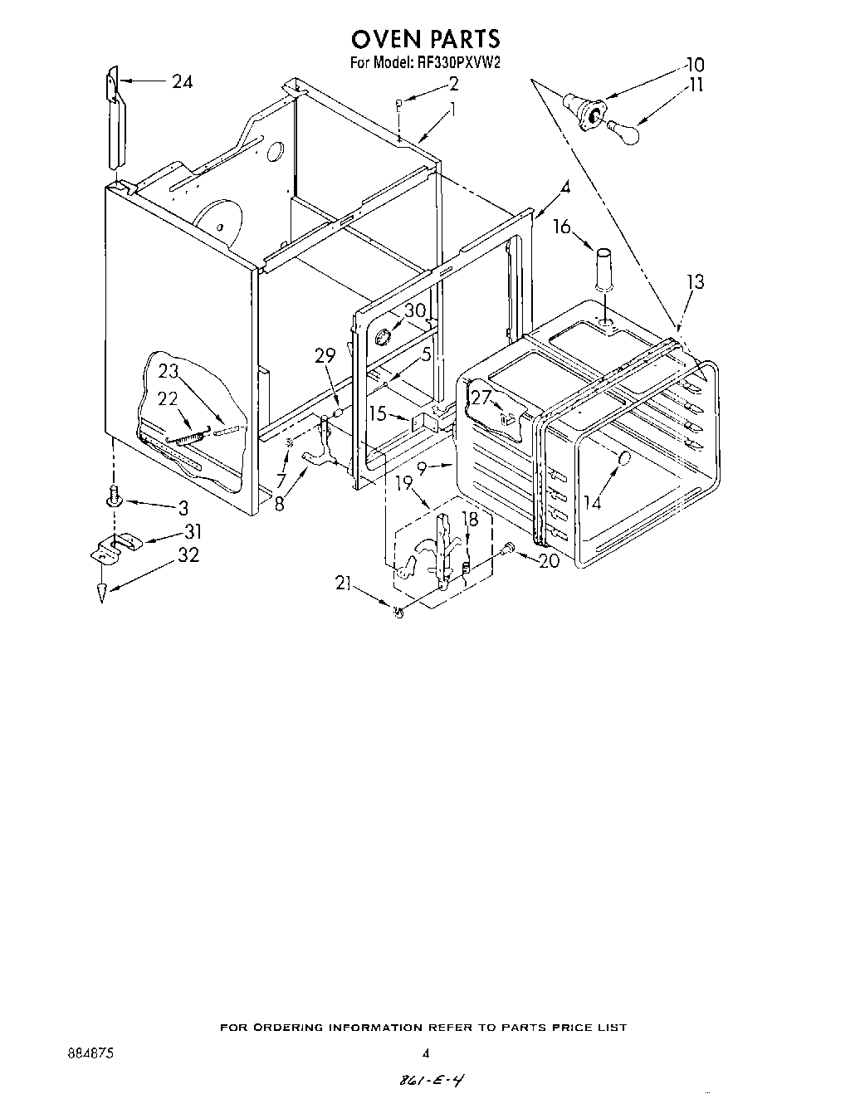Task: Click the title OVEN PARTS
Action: coord(425,38)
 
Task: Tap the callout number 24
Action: coord(183,81)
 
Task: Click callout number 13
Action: coord(695,282)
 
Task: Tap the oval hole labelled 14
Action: coord(624,458)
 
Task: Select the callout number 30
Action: coord(414,310)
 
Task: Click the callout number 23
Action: coord(169,371)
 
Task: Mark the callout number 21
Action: coord(344,583)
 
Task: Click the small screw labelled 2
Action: coord(399,103)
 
